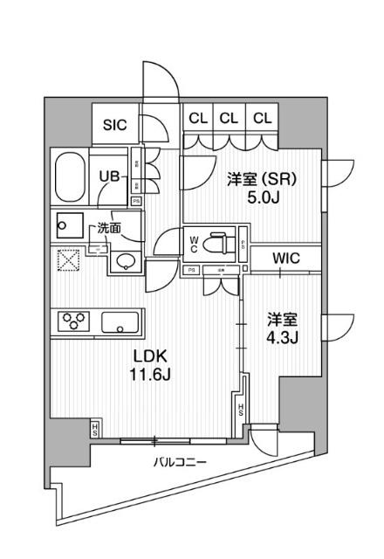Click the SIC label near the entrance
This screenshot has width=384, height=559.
(x=115, y=125)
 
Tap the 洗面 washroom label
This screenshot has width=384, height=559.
(x=108, y=228)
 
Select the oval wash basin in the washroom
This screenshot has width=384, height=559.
(x=126, y=259)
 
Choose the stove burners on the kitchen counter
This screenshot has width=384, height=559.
(x=74, y=321)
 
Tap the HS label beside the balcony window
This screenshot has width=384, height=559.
(x=94, y=429)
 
